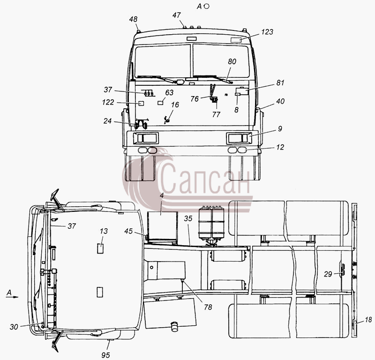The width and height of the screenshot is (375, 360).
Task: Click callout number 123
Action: pos(267,32)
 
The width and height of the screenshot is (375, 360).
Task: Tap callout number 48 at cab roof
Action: pos(134,19)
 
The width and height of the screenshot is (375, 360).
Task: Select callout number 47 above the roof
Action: pos(177,15)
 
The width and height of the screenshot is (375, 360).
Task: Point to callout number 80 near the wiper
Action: pos(232,61)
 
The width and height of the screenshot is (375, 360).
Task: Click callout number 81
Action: pos(280,83)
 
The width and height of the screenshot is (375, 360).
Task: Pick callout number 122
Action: pos(108,102)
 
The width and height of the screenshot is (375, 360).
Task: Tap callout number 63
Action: pos(169,92)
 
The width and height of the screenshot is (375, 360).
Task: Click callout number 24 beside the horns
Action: pos(107,121)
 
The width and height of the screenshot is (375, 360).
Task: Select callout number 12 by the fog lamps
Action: pos(280,147)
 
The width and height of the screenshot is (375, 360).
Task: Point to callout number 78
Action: pos(208,307)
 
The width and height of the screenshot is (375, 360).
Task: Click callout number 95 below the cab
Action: pos(105,355)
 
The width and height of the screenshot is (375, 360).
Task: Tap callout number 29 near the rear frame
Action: pos(328,274)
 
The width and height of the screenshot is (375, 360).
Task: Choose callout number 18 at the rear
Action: pos(368,320)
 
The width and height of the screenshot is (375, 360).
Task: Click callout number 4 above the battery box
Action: pos(162,195)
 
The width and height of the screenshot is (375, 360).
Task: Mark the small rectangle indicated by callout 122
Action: pos(142,103)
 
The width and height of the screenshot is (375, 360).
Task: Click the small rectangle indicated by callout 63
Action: pos(160,103)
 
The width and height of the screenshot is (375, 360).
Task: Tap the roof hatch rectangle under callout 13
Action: pos(100,248)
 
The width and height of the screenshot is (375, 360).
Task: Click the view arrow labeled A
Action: pos(12,297)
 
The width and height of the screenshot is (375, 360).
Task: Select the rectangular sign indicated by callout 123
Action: pos(236,40)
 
